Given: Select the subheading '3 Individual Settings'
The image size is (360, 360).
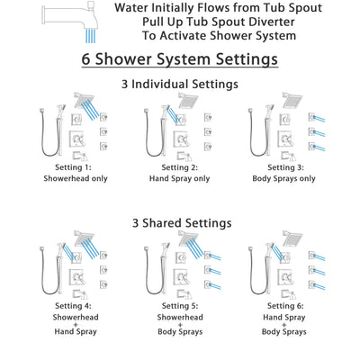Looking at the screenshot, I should coord(180,84).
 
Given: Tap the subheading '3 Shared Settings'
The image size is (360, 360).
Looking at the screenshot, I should coord(180,222).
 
